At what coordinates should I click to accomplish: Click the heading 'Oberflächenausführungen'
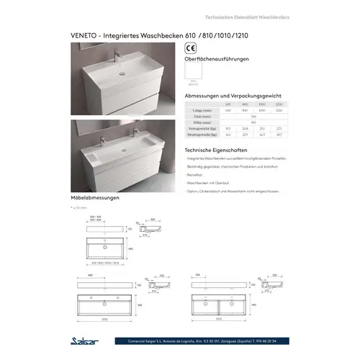tap(218, 60)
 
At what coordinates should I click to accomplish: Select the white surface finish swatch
tap(194, 73)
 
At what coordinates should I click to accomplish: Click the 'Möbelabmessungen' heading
tap(95, 197)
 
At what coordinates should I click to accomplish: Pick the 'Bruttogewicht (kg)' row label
tap(201, 135)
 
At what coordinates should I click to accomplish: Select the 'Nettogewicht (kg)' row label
tap(201, 129)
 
